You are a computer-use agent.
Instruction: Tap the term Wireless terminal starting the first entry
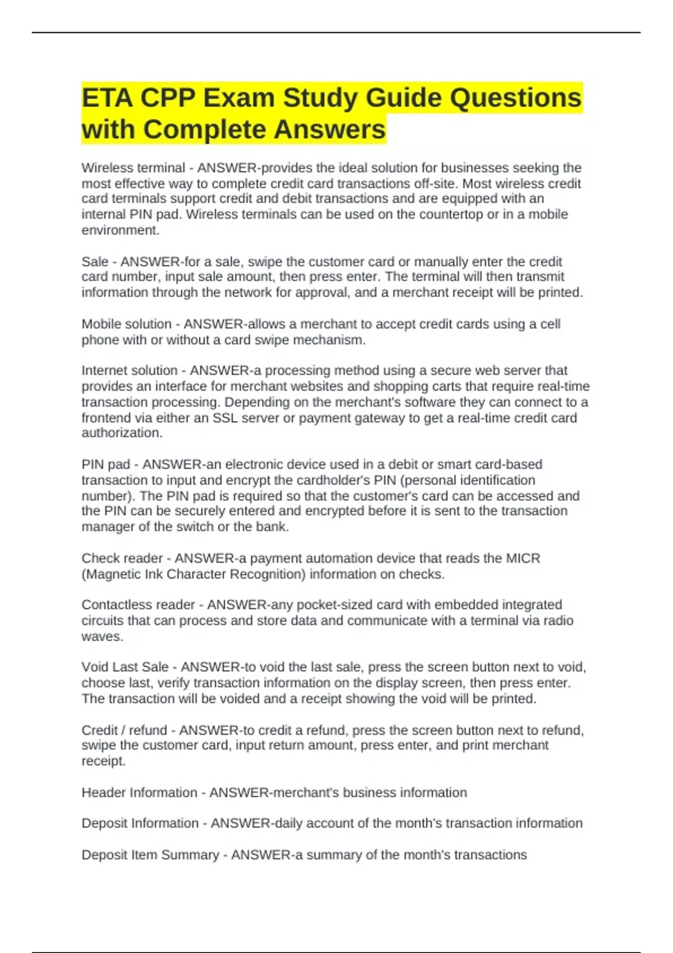click(x=133, y=168)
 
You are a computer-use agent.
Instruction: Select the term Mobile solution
click(x=127, y=324)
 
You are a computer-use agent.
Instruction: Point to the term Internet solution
click(x=130, y=371)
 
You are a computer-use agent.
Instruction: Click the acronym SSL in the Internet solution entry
click(x=225, y=418)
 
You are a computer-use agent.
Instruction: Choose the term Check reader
click(x=122, y=558)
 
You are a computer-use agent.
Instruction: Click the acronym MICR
click(x=523, y=558)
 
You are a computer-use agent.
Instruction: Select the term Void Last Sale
click(x=125, y=667)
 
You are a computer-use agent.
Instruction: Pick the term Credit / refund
click(x=125, y=730)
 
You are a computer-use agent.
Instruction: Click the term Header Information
click(x=140, y=793)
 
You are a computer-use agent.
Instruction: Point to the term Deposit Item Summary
click(x=150, y=855)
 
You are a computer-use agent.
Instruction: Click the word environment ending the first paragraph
click(x=120, y=230)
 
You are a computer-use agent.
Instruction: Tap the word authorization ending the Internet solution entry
click(x=121, y=433)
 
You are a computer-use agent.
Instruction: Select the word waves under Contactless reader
click(x=102, y=637)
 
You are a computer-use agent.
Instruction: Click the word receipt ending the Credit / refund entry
click(x=103, y=761)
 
